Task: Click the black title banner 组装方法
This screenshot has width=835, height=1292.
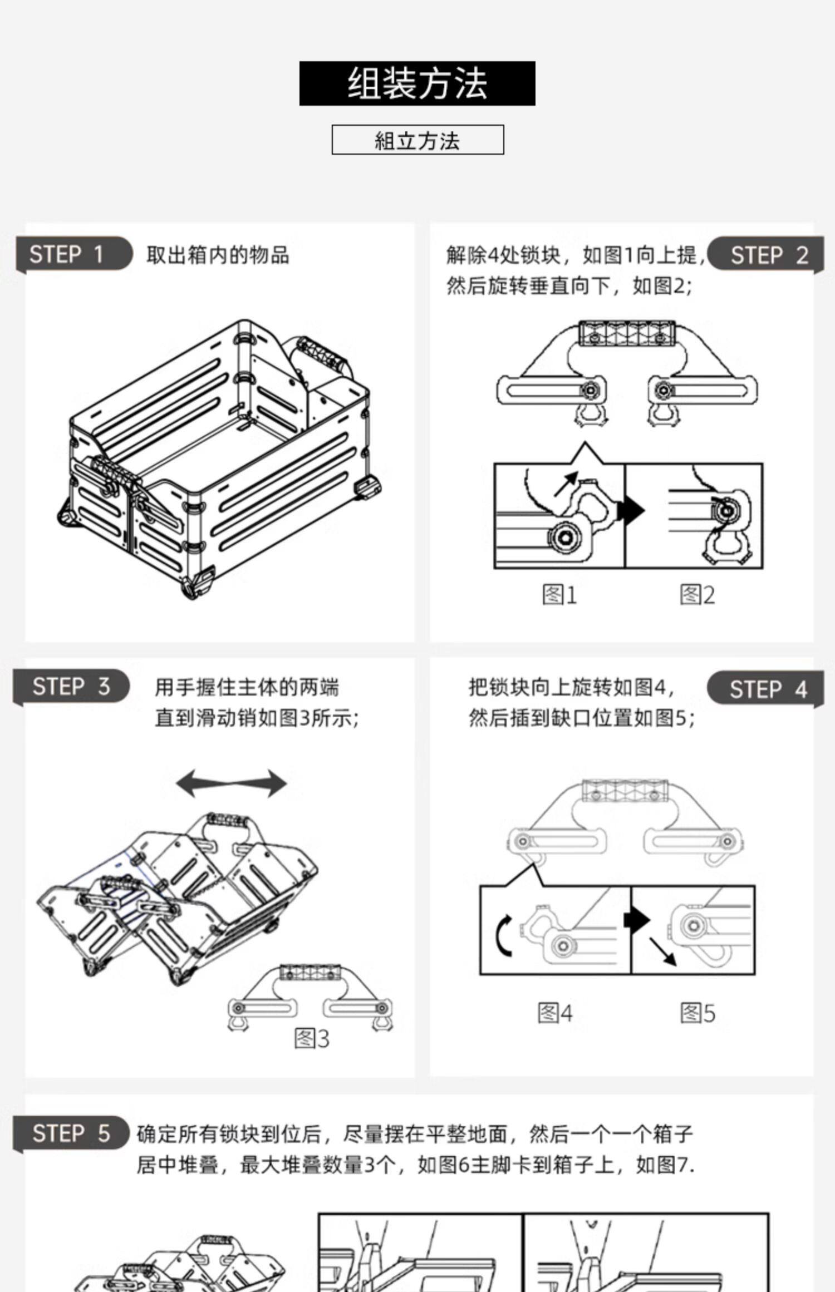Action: point(417,83)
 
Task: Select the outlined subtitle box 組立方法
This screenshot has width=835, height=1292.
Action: point(417,140)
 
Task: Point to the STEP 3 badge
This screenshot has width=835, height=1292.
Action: point(71,686)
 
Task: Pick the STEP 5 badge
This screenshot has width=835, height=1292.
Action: point(71,1132)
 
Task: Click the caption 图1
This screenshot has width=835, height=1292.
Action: point(559,595)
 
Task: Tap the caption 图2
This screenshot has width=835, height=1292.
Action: point(697,595)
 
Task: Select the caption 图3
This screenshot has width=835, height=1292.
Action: point(312,1038)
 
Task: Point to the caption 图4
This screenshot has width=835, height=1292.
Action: point(554,1013)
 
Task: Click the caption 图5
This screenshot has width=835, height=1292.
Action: point(697,1013)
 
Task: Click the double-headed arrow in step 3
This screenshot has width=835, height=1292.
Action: point(232,783)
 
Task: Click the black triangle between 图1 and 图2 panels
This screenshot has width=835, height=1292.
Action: point(632,510)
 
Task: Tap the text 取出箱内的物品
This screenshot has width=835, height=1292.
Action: point(218,255)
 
